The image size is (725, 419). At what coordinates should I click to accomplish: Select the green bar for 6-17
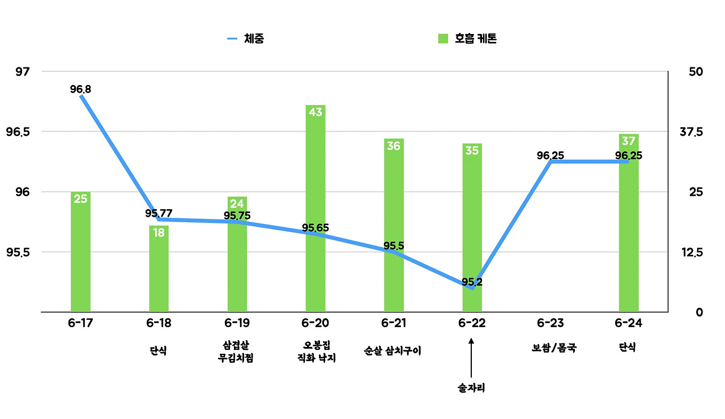pos(80,252)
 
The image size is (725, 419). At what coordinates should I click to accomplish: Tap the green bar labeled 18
pos(159,269)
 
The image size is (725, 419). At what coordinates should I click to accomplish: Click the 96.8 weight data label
pos(81,89)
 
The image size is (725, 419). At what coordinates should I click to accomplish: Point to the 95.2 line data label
pos(472,282)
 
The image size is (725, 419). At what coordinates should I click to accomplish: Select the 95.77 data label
pos(159,213)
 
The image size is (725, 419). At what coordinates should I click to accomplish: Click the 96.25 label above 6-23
pos(550,155)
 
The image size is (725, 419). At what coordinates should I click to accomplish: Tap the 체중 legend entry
pos(246,39)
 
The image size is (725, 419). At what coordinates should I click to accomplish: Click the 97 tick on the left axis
pos(23,72)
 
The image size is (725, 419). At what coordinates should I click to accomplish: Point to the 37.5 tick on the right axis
pos(691,132)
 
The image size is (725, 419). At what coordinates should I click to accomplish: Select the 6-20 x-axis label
pos(315,323)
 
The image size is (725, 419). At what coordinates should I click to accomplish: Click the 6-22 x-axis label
pos(472,323)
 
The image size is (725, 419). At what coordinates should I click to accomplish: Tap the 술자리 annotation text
pos(472,388)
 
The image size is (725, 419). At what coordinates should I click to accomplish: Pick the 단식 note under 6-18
pos(159,350)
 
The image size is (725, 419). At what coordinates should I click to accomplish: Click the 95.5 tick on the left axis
pos(19,252)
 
